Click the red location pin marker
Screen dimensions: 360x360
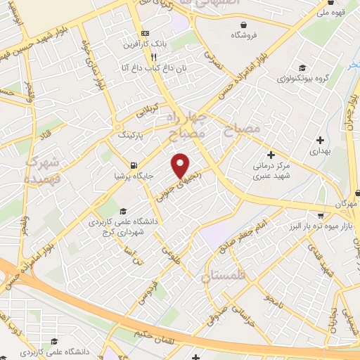[180, 166]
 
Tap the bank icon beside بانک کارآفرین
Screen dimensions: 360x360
[145, 33]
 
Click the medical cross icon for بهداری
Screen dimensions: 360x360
[321, 140]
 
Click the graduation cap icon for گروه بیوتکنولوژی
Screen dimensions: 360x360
[302, 67]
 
